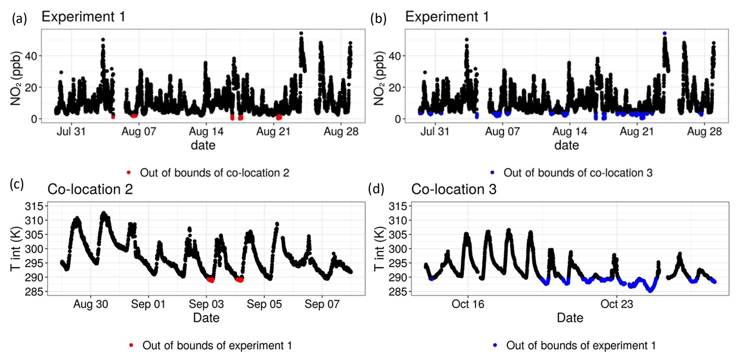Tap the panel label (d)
(x=376, y=189)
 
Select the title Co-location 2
(x=90, y=189)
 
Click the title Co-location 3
(x=454, y=189)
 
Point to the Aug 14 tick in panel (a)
(x=206, y=131)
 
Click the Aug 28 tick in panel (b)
(x=704, y=131)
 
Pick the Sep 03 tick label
(x=206, y=304)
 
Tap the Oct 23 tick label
(x=616, y=304)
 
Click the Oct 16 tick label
(x=468, y=304)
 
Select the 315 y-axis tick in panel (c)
(x=34, y=206)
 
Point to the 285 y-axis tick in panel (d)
(x=398, y=292)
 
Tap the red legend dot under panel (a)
(x=129, y=173)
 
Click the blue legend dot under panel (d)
(x=495, y=345)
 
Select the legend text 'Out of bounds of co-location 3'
(x=578, y=173)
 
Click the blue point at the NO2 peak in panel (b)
(x=664, y=33)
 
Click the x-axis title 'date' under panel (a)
(x=203, y=145)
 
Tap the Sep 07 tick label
(x=322, y=304)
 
